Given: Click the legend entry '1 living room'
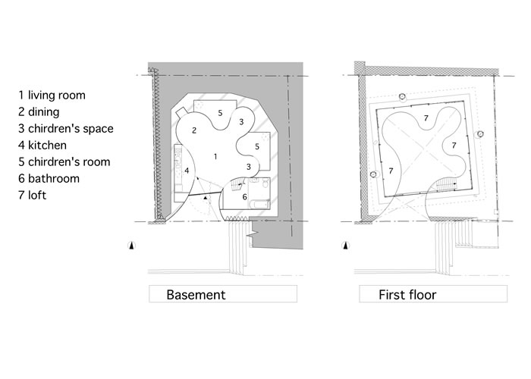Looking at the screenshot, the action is coord(52,95).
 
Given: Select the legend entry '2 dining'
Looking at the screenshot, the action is coord(39,111).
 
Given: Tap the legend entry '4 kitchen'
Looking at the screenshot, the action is coord(42,146).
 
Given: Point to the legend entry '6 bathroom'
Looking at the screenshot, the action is coord(49,178).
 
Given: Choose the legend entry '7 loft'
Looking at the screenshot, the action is coord(33,196).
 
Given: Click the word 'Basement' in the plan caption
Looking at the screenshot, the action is coord(196,295).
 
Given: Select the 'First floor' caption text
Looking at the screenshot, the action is coord(407,295).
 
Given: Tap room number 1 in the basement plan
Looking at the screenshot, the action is coord(215,156).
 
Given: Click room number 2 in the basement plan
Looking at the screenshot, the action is coord(194,130).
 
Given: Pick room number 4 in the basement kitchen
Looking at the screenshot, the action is coord(187,171).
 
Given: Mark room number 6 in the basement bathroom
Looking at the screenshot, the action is coord(244,197).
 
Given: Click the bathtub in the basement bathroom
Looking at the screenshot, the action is coord(259,205).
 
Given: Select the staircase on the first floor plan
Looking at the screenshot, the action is coord(446,185).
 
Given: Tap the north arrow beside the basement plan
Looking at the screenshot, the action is coord(131,246).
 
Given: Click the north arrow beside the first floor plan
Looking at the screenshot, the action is coord(345,246).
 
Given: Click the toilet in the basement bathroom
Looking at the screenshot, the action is coord(265,183).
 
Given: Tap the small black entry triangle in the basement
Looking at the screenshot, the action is coord(205,197).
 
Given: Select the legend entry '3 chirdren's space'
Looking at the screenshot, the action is coord(66,129).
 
